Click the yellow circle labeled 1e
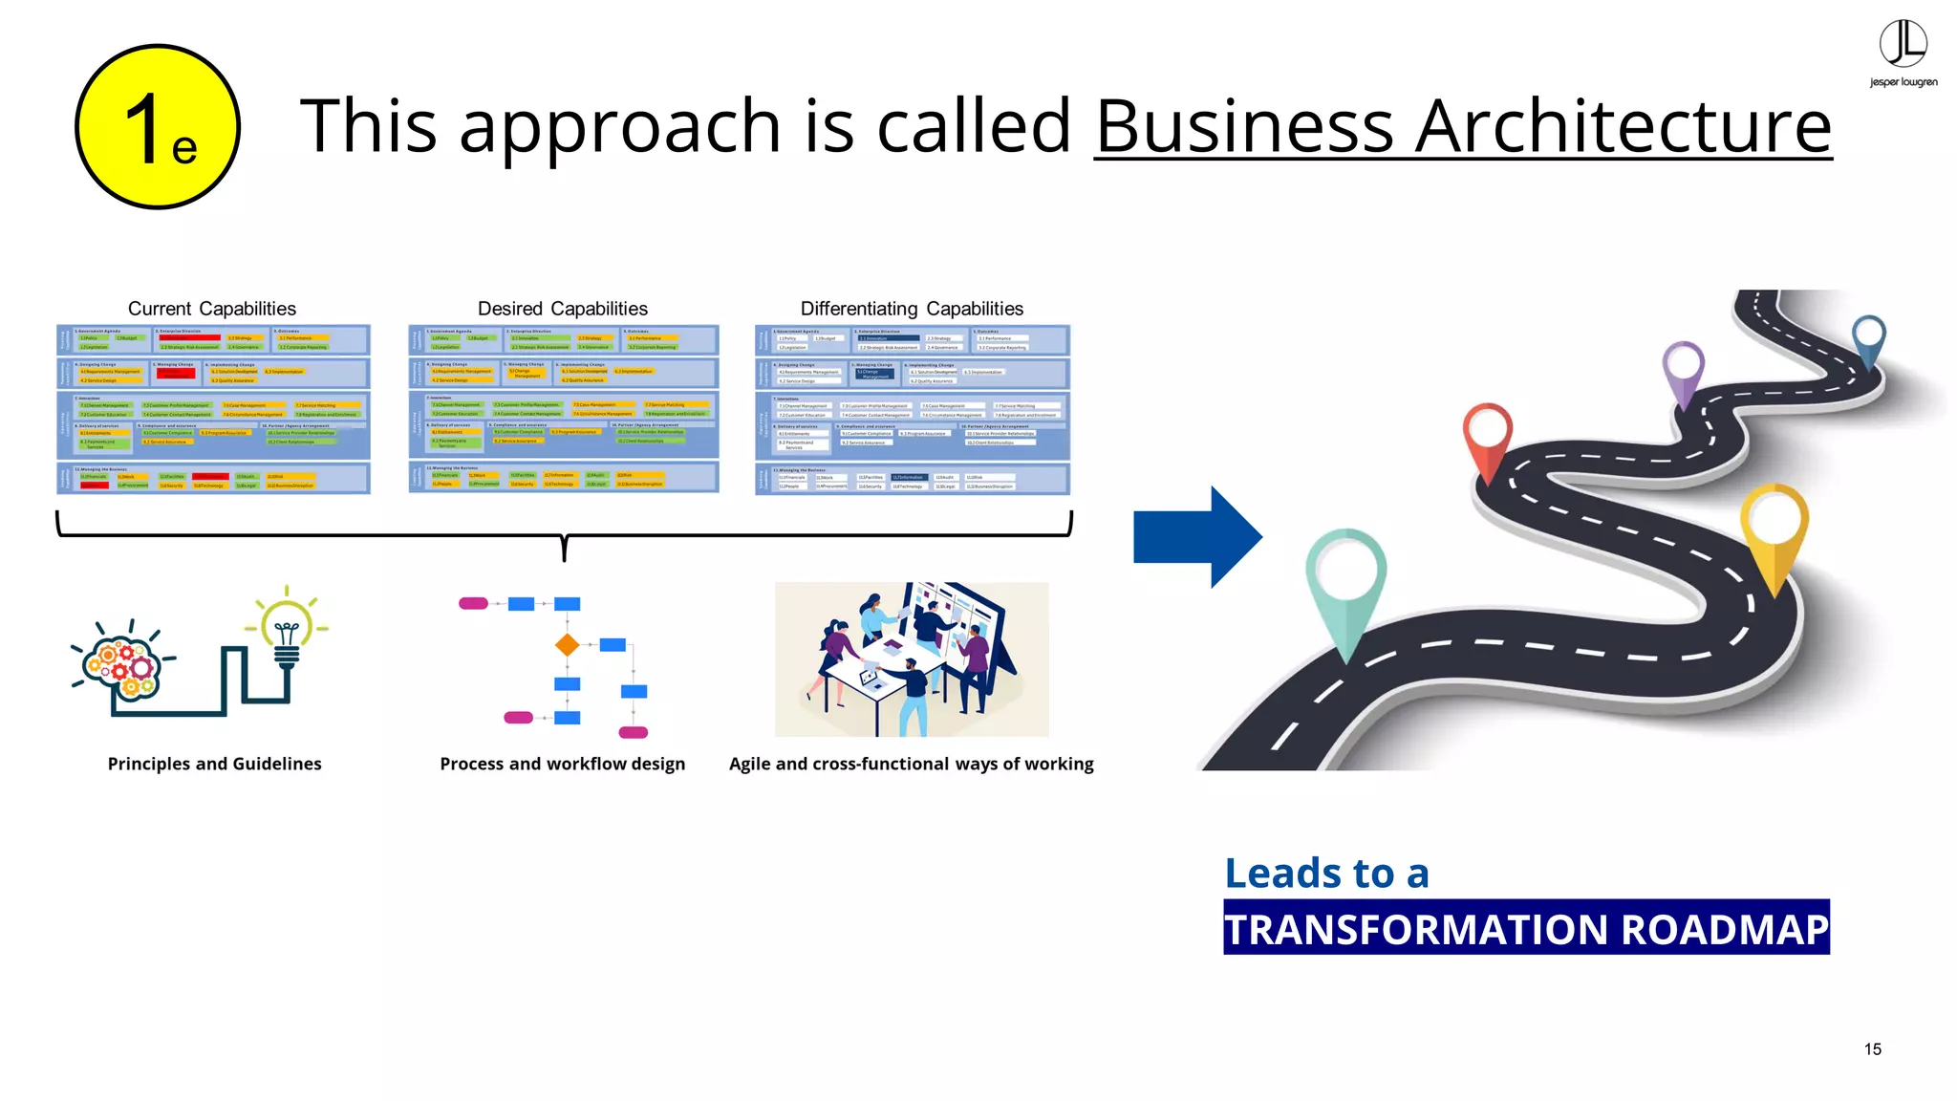[158, 127]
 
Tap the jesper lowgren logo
[1903, 54]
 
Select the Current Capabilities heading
[212, 309]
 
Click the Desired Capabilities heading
[562, 309]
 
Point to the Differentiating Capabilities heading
[912, 309]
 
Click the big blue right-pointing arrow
[1196, 537]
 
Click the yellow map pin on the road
[1774, 526]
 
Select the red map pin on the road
[1487, 435]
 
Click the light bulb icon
[287, 631]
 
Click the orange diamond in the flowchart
[567, 645]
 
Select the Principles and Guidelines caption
[214, 764]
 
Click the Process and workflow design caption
[562, 764]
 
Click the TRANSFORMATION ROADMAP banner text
[1526, 928]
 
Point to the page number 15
[1872, 1049]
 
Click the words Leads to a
[1326, 874]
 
